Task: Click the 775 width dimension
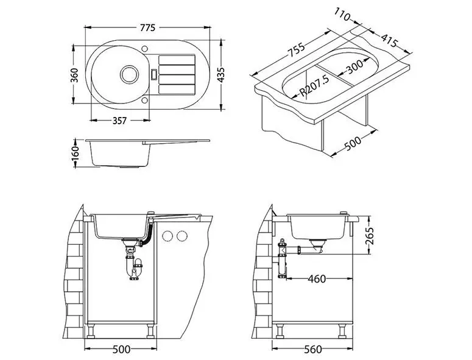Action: pyautogui.click(x=147, y=27)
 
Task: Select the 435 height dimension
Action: pyautogui.click(x=220, y=75)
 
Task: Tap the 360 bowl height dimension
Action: pyautogui.click(x=74, y=76)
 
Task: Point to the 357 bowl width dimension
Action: pyautogui.click(x=119, y=121)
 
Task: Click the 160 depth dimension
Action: pyautogui.click(x=76, y=154)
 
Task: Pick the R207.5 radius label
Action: pyautogui.click(x=315, y=86)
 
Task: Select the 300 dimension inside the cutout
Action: pyautogui.click(x=354, y=67)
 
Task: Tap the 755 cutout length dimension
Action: pyautogui.click(x=297, y=50)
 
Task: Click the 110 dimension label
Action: pyautogui.click(x=342, y=14)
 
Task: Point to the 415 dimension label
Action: pyautogui.click(x=389, y=40)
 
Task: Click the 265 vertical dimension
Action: pyautogui.click(x=369, y=236)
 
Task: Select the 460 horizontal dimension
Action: pyautogui.click(x=317, y=279)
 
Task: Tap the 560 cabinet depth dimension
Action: pyautogui.click(x=313, y=350)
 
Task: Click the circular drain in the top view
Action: pyautogui.click(x=130, y=74)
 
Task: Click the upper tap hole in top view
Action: pyautogui.click(x=144, y=49)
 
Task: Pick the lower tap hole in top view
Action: pyautogui.click(x=144, y=100)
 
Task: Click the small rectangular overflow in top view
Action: pyautogui.click(x=154, y=74)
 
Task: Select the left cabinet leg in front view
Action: pyautogui.click(x=90, y=331)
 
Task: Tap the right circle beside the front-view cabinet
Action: pyautogui.click(x=181, y=236)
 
